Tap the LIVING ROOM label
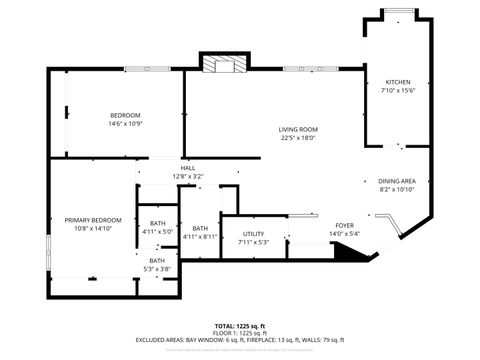(297, 129)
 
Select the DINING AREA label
(397, 181)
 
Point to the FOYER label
(344, 226)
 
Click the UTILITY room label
(253, 234)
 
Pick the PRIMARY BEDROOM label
(93, 220)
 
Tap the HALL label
(188, 168)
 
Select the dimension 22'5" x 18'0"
(297, 138)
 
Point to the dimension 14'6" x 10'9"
(125, 124)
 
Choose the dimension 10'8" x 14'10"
(93, 228)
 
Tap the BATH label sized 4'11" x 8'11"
(201, 228)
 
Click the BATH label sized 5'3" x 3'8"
(158, 260)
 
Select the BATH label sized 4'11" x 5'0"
(158, 223)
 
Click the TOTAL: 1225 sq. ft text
(239, 326)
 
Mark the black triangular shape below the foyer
(346, 255)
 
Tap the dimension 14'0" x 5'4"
(344, 234)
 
